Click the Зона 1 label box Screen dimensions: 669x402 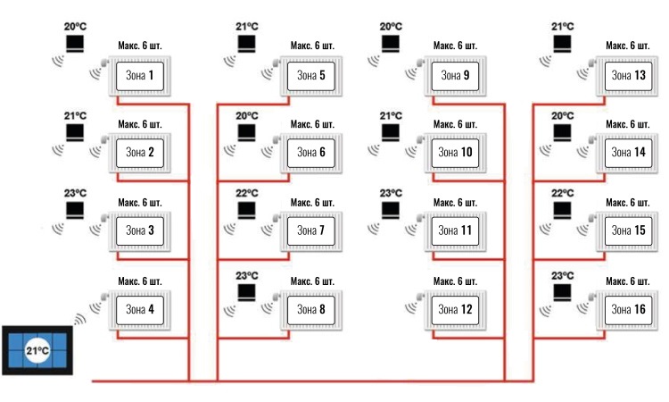tap(140, 76)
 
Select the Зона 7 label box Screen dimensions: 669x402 tap(311, 231)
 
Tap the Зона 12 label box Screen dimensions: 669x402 tap(455, 310)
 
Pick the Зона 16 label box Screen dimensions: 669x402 tap(629, 310)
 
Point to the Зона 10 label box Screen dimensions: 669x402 tap(455, 153)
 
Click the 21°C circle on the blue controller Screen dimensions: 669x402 tap(37, 351)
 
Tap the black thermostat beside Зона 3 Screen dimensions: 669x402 tap(75, 210)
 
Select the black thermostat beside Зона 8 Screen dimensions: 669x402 tap(246, 293)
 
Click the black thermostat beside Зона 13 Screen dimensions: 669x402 tap(562, 44)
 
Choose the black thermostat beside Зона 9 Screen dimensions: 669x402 tap(391, 44)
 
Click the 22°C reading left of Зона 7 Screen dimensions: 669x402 tap(246, 194)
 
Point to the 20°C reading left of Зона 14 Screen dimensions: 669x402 tap(562, 116)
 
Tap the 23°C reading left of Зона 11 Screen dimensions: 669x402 tap(391, 194)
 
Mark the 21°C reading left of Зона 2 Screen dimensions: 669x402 tap(75, 116)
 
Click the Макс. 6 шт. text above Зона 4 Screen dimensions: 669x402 tap(140, 281)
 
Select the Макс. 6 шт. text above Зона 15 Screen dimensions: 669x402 tap(628, 203)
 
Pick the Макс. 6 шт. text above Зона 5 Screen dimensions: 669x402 tap(312, 46)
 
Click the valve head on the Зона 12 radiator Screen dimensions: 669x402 tap(420, 297)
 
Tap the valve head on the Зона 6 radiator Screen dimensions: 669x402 tap(277, 139)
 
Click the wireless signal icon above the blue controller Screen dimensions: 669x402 tap(80, 319)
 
